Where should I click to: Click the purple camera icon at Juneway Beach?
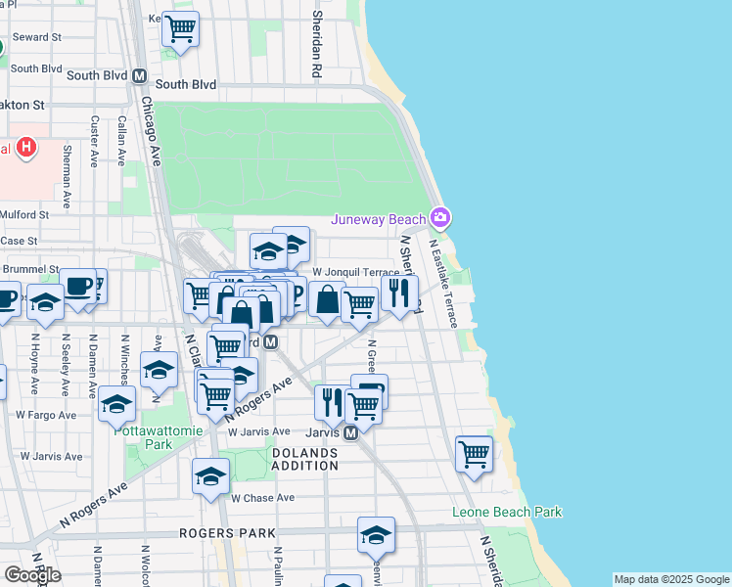(441, 216)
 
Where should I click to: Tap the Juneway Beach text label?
(379, 219)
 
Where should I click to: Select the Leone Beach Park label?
(507, 512)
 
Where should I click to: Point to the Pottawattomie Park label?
(143, 436)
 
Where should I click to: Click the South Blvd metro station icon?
(139, 75)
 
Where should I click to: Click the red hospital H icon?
(27, 149)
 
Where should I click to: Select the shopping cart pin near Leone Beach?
(475, 453)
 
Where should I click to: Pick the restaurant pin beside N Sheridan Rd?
(399, 292)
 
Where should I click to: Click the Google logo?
(32, 574)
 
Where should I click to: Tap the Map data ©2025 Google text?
(671, 579)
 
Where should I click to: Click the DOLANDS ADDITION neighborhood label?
(304, 459)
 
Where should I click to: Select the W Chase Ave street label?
(263, 497)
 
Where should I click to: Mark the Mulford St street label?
(24, 214)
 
